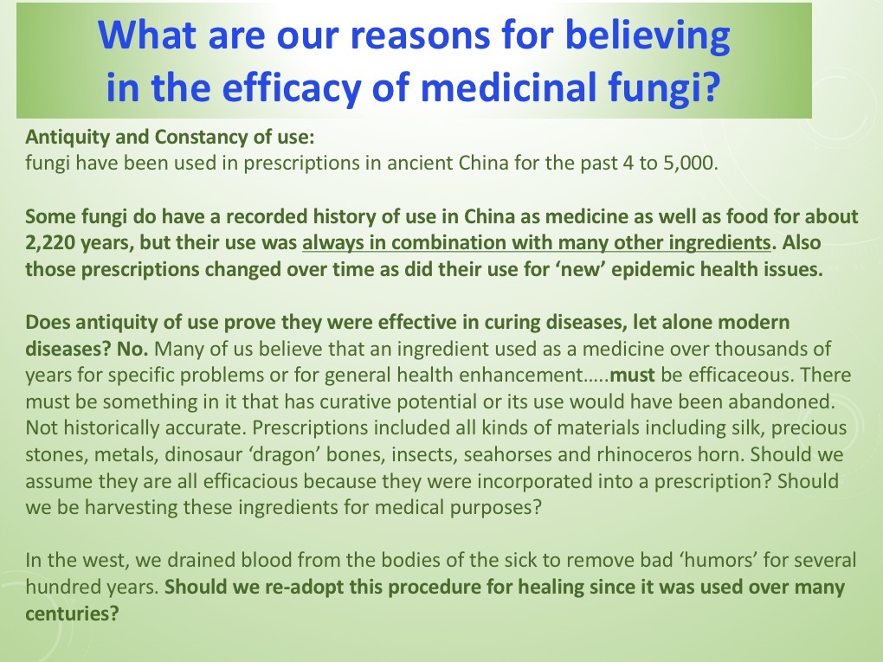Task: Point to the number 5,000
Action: pyautogui.click(x=691, y=164)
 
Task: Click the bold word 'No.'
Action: pyautogui.click(x=132, y=349)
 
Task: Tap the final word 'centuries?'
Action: pyautogui.click(x=72, y=614)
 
